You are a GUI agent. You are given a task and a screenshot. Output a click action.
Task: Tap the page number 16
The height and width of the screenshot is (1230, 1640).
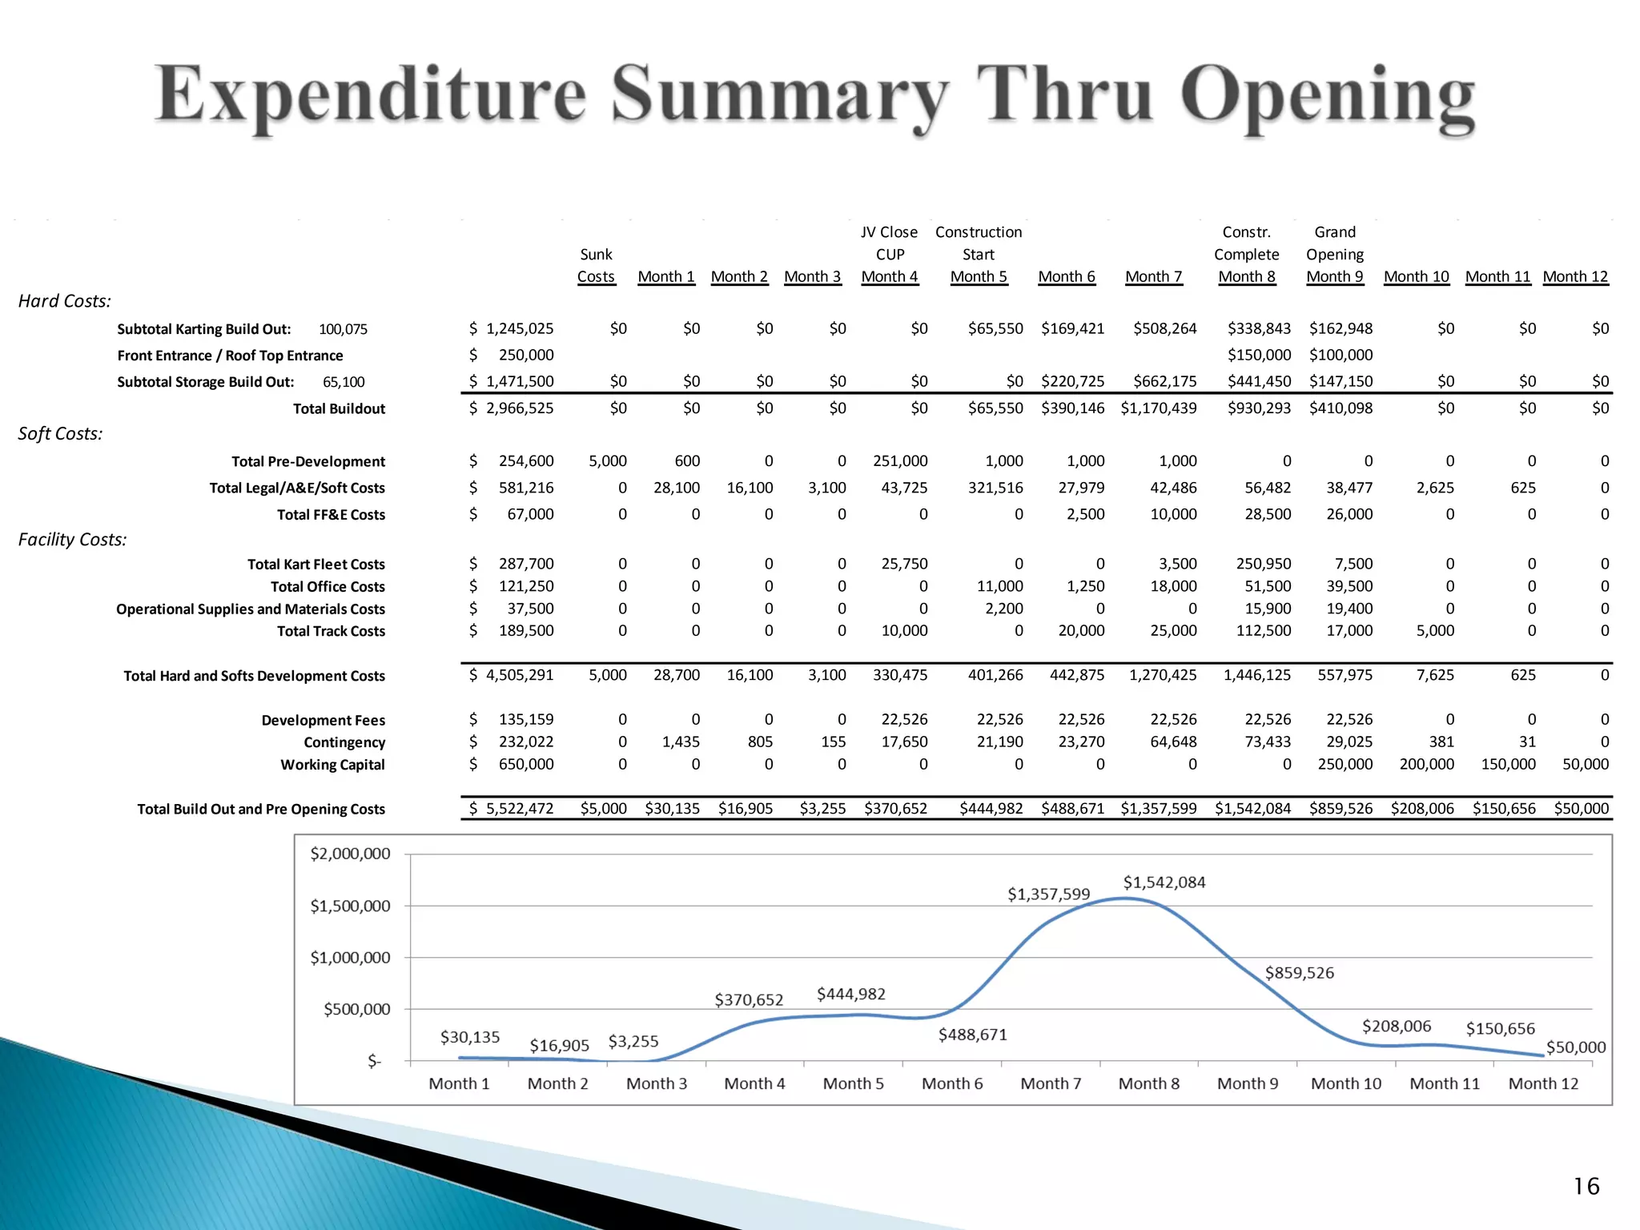[x=1586, y=1186]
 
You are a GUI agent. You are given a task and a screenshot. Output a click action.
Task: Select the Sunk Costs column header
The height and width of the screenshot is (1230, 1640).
[x=596, y=265]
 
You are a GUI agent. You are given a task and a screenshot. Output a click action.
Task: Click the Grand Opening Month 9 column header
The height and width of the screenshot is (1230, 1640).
[x=1335, y=255]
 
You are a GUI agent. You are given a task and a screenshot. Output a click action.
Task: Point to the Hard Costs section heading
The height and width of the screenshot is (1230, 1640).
[x=65, y=301]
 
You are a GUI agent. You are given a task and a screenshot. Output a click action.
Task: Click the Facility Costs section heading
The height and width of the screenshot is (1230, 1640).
[x=72, y=540]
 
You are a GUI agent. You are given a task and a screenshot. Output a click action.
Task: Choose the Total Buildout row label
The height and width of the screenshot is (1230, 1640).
[x=339, y=408]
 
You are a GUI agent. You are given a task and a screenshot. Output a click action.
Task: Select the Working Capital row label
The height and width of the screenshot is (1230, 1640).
[x=332, y=765]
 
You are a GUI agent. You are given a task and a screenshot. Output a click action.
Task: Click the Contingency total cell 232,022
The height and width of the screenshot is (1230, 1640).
[x=525, y=742]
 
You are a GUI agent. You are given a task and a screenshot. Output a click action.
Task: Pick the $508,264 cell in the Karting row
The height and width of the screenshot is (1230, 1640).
[x=1164, y=328]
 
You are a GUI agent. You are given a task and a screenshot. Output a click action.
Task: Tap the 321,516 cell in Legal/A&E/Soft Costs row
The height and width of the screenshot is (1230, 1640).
[x=995, y=488]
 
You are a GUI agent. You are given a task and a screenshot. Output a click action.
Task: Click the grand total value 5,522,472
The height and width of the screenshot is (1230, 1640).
[x=519, y=809]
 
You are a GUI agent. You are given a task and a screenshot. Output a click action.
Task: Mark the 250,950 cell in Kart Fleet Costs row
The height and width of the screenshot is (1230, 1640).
[x=1263, y=564]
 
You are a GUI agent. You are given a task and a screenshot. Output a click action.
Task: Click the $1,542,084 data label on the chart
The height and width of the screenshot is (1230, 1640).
[x=1164, y=882]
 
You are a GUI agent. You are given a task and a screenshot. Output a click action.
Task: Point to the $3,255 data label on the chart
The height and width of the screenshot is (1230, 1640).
[x=633, y=1041]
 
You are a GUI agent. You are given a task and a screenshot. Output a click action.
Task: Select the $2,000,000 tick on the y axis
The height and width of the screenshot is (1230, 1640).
[x=350, y=854]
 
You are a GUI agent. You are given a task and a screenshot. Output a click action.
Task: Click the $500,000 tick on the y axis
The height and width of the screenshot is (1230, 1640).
[x=356, y=1009]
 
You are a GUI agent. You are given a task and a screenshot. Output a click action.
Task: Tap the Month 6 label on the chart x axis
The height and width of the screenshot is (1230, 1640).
[x=951, y=1083]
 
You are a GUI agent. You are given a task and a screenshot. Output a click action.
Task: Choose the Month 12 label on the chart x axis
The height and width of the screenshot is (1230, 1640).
[x=1543, y=1083]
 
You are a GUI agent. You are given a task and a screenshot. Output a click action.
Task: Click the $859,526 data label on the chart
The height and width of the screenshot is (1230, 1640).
[x=1299, y=973]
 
